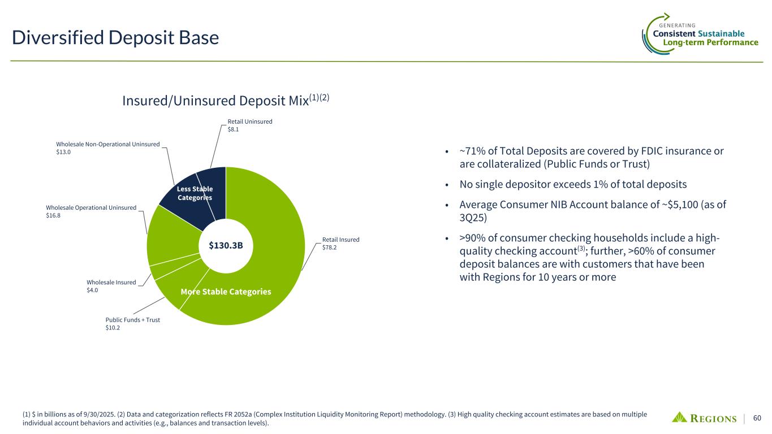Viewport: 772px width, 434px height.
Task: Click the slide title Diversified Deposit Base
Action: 115,37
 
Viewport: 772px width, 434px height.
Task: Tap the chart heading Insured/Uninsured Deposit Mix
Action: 215,101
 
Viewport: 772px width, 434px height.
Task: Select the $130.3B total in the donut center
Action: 226,245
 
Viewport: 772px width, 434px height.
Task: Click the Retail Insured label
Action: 341,240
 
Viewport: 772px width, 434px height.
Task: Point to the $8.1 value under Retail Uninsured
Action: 233,129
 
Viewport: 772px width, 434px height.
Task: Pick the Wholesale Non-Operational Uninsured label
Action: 108,144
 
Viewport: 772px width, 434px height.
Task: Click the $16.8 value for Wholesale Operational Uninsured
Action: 53,216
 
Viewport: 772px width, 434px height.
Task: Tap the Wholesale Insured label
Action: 111,282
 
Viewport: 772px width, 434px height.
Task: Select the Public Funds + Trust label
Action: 133,320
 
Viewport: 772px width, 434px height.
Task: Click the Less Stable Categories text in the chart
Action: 195,193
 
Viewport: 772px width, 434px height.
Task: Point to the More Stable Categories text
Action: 226,292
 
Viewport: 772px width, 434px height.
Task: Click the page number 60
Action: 757,418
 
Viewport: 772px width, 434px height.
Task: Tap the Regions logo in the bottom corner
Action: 704,418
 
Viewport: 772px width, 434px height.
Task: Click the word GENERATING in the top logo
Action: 677,25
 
